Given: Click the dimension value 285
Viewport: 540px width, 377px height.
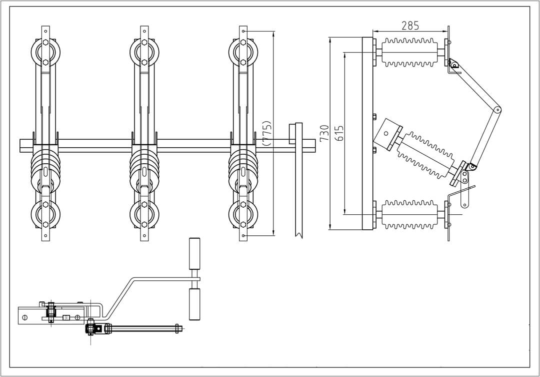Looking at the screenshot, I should pos(410,26).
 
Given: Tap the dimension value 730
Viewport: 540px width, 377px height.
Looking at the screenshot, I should pos(324,133).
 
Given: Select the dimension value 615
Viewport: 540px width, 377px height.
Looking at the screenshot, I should pos(340,133).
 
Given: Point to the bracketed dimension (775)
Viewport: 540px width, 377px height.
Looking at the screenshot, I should pos(267,133).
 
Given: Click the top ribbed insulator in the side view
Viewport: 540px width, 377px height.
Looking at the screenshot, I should pos(409,52).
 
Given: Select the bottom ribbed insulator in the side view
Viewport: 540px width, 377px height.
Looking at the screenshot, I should pos(409,214).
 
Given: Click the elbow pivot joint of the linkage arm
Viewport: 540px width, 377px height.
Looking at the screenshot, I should pos(497,110).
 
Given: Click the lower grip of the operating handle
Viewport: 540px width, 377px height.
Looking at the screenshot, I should pos(194,304).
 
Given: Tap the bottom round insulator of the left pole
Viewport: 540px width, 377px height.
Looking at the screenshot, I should pos(45,214).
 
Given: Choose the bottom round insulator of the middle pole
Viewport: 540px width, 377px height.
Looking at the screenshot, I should pos(144,214).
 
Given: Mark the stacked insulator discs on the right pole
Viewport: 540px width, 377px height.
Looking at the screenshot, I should pos(243,170).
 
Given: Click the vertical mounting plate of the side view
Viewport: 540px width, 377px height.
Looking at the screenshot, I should pos(367,133).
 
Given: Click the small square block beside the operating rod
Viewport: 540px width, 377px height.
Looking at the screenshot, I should pos(292,135).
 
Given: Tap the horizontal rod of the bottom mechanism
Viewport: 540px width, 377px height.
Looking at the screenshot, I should pos(145,328).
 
